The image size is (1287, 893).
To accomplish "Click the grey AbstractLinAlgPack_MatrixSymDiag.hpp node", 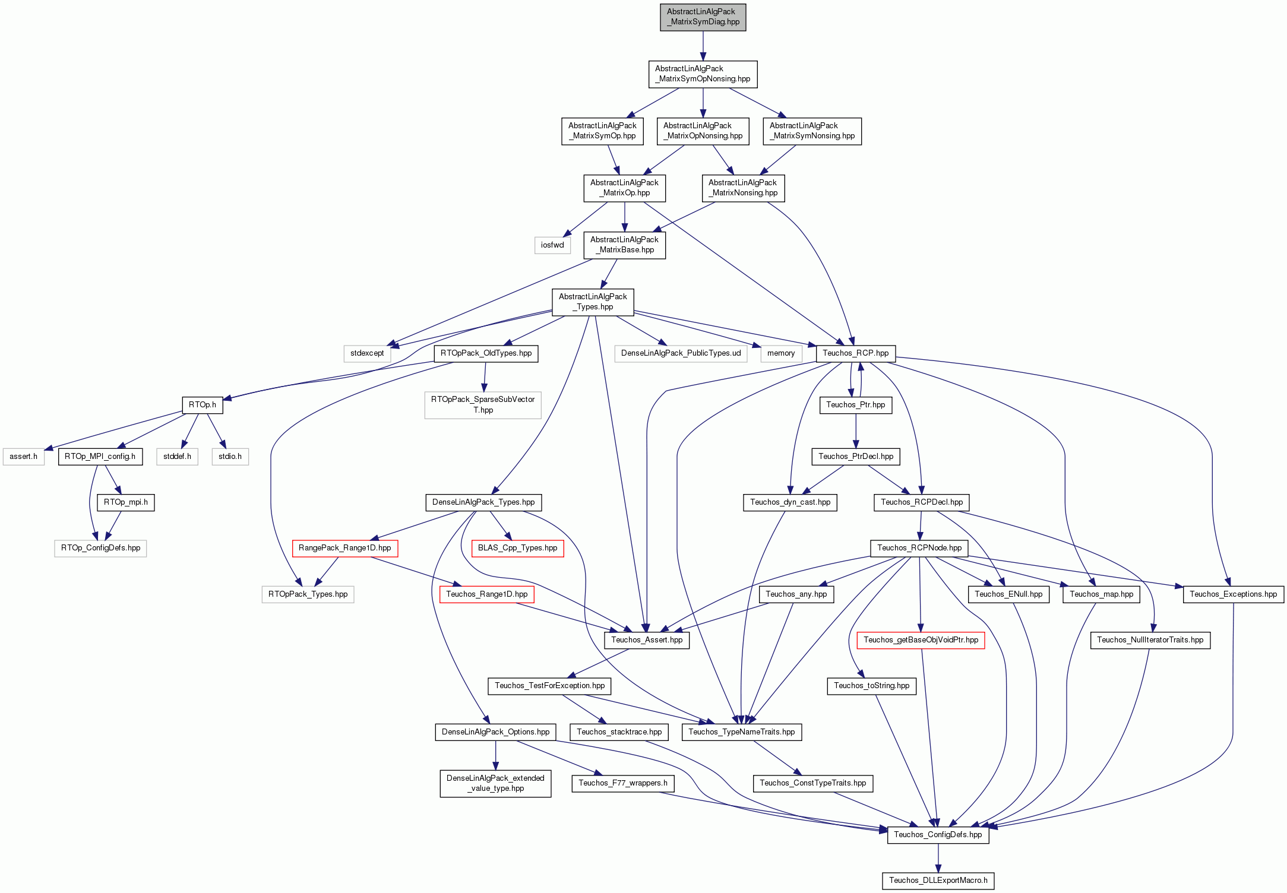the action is (703, 17).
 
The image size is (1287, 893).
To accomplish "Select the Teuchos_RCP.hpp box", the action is (855, 353).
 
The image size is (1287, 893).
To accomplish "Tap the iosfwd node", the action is (552, 245).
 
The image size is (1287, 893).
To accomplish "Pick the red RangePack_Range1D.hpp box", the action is (344, 548).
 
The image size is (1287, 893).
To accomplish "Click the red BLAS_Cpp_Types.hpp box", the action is (517, 548).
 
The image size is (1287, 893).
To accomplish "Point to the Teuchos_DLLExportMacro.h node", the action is (938, 881).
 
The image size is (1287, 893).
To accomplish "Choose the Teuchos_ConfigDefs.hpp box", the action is (938, 835).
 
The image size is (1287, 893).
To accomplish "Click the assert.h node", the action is (23, 457).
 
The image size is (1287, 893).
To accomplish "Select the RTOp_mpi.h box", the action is (126, 502).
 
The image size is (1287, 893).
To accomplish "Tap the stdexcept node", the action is (367, 353).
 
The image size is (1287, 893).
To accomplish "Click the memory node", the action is (781, 353).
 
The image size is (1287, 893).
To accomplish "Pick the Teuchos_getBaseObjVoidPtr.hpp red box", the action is (921, 640).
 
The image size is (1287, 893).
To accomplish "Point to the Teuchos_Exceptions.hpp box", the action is (1233, 594).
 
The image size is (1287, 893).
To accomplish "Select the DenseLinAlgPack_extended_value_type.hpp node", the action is (495, 783).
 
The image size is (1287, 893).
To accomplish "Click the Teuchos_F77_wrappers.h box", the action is (622, 783).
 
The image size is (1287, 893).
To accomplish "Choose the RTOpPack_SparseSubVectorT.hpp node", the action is (483, 405).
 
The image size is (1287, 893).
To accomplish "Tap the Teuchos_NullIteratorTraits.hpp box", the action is (1150, 640).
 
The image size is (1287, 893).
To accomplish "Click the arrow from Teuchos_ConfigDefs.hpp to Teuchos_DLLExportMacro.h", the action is (938, 857).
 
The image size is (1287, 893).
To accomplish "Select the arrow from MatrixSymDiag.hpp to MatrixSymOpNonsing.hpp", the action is (703, 46).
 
